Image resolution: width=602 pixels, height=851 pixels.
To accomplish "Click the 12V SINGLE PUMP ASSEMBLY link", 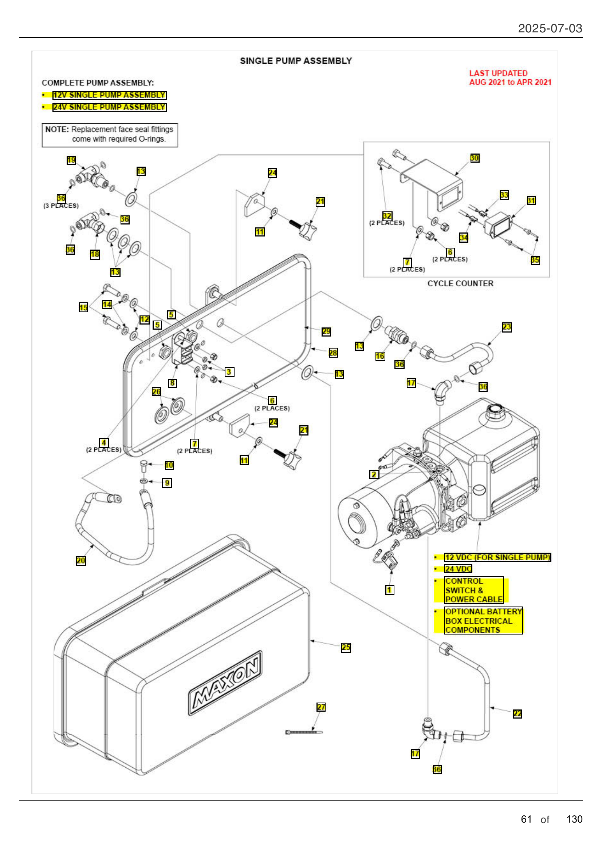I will [x=109, y=95].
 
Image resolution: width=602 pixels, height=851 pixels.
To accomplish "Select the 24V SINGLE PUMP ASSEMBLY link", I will [x=109, y=107].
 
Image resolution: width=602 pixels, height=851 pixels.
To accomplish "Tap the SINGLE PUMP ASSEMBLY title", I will [x=296, y=61].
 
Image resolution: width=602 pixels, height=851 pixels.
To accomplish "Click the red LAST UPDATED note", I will [x=509, y=78].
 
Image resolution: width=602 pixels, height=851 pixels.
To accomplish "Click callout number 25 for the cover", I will [x=346, y=648].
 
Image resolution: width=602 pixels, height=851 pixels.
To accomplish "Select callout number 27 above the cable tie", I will [x=321, y=707].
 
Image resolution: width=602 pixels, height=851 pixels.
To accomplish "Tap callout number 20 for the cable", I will [x=80, y=561].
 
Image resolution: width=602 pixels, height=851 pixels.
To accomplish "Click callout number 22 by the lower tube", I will [x=517, y=714].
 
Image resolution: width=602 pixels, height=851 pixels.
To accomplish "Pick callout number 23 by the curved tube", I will [x=507, y=327].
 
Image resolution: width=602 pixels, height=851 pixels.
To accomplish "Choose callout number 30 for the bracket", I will [x=475, y=158].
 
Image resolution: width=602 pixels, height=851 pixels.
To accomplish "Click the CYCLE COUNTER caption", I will [x=460, y=283].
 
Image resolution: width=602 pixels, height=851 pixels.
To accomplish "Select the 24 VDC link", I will [x=458, y=569].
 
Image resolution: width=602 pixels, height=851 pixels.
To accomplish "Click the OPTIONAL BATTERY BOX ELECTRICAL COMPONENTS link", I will [x=483, y=621].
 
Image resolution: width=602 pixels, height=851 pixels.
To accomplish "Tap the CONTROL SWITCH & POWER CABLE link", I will [x=474, y=590].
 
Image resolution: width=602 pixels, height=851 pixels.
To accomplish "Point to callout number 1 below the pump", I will [x=389, y=590].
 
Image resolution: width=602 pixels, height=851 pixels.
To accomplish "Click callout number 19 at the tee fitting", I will [x=71, y=160].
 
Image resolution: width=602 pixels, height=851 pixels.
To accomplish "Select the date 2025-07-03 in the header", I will [x=550, y=28].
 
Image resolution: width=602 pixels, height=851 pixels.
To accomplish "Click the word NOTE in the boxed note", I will [x=57, y=130].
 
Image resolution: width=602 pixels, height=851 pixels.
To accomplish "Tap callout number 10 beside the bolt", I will [x=169, y=466].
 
